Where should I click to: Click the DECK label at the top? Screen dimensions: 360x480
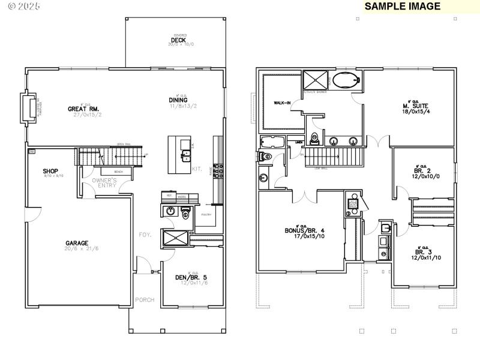pyautogui.click(x=178, y=40)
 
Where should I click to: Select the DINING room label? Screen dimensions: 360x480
pyautogui.click(x=178, y=100)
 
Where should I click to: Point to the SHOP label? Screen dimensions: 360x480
pyautogui.click(x=50, y=171)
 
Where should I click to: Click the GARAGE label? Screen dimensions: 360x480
pyautogui.click(x=77, y=243)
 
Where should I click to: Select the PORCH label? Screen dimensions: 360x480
pyautogui.click(x=145, y=299)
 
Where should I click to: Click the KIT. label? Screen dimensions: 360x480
pyautogui.click(x=196, y=169)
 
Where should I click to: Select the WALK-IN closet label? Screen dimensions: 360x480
pyautogui.click(x=283, y=103)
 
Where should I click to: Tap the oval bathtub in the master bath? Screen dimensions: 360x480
pyautogui.click(x=344, y=80)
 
